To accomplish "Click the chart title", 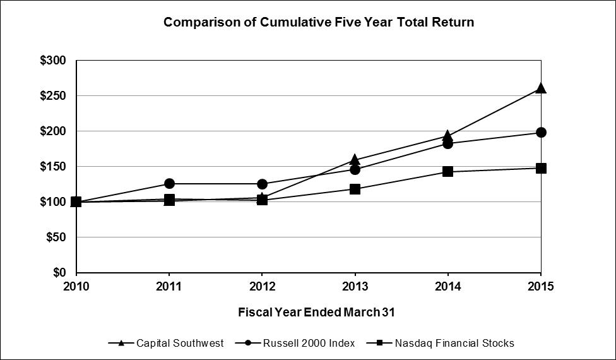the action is (319, 22).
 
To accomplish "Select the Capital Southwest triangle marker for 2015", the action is (541, 88).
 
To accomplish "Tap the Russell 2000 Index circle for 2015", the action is (541, 133).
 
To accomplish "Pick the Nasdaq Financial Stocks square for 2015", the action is (541, 168).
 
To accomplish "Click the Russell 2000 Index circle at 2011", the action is (169, 183).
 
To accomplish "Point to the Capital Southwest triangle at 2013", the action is (355, 159).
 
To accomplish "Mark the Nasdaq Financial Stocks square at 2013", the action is (355, 189).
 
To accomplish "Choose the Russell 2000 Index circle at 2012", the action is (262, 184).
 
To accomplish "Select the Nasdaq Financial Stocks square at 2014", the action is (448, 171).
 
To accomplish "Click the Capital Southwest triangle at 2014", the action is (448, 135).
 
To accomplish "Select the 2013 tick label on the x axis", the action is (355, 286).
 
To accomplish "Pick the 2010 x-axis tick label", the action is (76, 286).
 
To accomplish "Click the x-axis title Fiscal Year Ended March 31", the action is (316, 313).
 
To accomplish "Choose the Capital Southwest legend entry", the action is (166, 343).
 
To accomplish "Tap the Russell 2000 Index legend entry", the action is (295, 343).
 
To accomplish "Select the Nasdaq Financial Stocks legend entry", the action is (440, 343).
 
